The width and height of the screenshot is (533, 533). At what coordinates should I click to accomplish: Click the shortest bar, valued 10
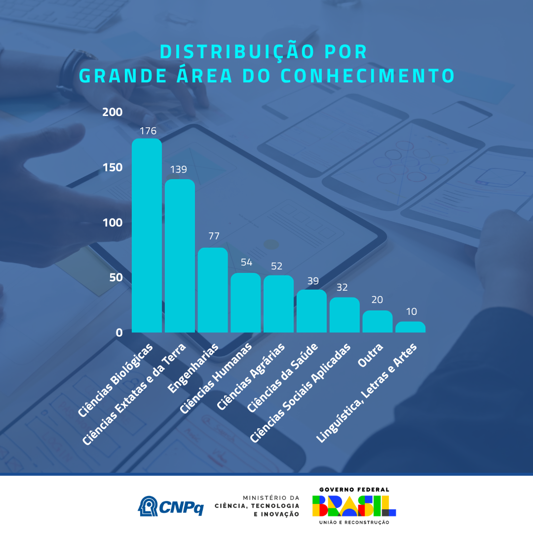tap(410, 327)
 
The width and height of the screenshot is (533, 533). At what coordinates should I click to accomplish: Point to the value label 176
tap(148, 131)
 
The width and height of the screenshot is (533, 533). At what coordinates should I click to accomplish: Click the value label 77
tap(214, 236)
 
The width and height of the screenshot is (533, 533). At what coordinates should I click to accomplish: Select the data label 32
tap(342, 287)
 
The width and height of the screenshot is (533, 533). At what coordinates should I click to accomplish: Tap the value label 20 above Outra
tap(377, 300)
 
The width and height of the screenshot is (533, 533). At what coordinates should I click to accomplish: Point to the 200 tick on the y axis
tap(112, 112)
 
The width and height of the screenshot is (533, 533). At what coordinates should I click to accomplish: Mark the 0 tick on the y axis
tap(119, 333)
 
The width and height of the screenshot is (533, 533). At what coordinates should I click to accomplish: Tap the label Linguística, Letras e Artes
tap(367, 393)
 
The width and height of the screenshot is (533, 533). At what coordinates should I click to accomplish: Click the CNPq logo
tap(171, 506)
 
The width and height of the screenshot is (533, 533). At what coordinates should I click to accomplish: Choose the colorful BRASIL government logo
tap(354, 506)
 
